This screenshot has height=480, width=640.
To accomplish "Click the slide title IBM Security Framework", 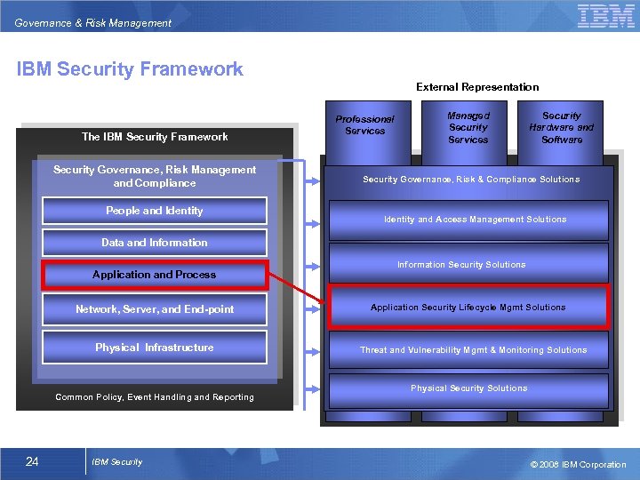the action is (130, 69).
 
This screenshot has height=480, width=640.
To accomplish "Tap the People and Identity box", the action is (155, 211).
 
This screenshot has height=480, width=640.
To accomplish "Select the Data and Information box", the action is (155, 243).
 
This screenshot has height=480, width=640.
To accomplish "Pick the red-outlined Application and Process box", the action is (155, 275).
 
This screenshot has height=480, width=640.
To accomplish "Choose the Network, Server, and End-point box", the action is (155, 309).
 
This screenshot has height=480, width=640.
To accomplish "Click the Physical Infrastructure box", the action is (155, 348).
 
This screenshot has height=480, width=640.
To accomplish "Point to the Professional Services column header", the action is (364, 124).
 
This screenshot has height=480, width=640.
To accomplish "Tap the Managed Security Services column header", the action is (468, 127).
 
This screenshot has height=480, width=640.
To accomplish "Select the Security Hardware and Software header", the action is (562, 127).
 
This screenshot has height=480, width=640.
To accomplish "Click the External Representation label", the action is (477, 87).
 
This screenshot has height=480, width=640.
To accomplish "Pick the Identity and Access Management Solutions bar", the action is (475, 220).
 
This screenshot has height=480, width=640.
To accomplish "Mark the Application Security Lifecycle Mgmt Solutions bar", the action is (468, 308).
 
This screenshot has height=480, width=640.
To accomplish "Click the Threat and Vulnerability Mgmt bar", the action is (473, 350).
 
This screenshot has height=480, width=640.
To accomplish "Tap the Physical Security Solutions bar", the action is (468, 388).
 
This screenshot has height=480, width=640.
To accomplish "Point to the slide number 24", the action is (32, 461).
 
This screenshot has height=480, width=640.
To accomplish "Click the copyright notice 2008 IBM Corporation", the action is (578, 464).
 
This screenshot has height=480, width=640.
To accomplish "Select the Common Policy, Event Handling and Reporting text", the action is (155, 397).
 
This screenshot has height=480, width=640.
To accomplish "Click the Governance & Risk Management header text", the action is (93, 23).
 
